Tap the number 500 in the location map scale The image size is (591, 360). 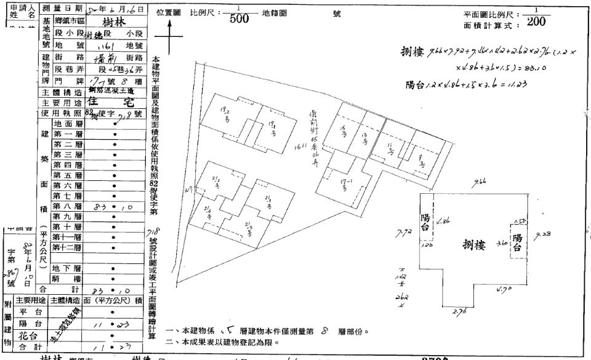(239, 18)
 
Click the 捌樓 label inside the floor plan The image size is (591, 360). (476, 246)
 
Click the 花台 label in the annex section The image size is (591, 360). (25, 337)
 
